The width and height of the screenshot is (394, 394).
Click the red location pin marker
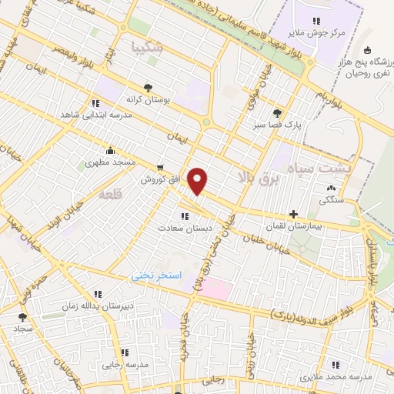pyautogui.click(x=198, y=182)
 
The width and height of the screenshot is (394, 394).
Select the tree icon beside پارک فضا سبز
pyautogui.click(x=277, y=112)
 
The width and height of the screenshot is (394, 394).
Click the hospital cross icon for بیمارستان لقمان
pyautogui.click(x=292, y=215)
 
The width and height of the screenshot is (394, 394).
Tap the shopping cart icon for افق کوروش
pyautogui.click(x=159, y=167)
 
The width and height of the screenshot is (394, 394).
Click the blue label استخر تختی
pyautogui.click(x=155, y=275)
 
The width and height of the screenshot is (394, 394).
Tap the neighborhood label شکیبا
pyautogui.click(x=148, y=46)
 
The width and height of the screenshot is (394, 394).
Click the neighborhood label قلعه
pyautogui.click(x=111, y=195)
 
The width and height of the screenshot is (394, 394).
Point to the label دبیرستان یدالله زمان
pyautogui.click(x=74, y=306)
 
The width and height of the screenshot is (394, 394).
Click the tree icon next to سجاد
pyautogui.click(x=22, y=316)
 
